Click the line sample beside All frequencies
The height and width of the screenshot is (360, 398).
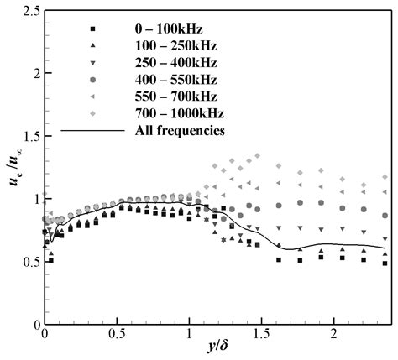92,130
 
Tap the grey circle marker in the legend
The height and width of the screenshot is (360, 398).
104,79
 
